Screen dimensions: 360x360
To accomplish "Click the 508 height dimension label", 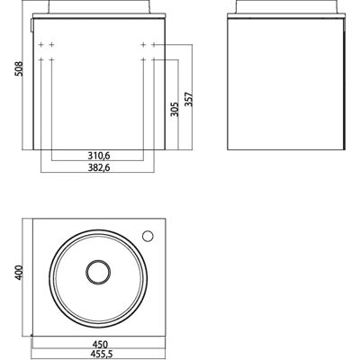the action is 19,69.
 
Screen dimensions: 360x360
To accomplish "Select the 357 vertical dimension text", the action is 189,99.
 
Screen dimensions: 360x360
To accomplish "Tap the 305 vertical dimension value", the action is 175,109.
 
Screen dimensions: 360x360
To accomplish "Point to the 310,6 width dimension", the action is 99,156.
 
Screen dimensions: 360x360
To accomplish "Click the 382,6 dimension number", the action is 99,167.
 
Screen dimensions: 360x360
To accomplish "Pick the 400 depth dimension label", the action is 19,273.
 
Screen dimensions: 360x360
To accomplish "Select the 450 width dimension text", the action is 100,345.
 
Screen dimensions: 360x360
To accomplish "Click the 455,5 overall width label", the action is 101,354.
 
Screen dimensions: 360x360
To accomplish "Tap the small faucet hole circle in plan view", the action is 148,236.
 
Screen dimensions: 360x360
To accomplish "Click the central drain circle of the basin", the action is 98,272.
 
